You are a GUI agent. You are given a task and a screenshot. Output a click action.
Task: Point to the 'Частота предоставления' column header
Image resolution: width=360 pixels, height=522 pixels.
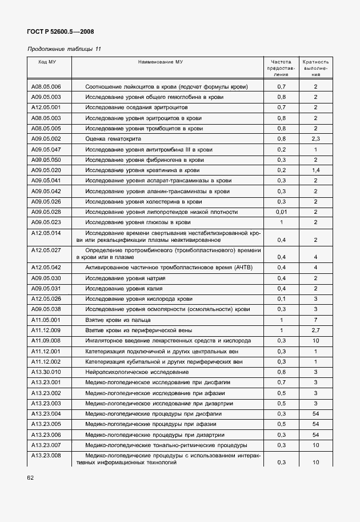click(281, 67)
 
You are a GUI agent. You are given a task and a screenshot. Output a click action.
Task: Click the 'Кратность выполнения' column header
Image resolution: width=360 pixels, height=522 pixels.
click(315, 67)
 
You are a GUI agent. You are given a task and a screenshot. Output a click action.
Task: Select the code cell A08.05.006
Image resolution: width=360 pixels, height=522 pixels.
click(46, 87)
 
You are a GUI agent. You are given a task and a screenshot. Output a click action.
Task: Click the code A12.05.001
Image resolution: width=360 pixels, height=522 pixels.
click(46, 107)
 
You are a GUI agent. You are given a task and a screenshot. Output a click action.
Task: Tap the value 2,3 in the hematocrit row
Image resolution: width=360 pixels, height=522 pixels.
click(315, 139)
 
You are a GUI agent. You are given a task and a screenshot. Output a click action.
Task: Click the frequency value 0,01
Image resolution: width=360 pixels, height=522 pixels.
click(281, 212)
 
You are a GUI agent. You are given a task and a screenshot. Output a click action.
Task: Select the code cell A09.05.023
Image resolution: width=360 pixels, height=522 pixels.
click(46, 222)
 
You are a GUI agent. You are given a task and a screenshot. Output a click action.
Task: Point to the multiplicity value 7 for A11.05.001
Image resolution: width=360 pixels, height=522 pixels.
click(315, 320)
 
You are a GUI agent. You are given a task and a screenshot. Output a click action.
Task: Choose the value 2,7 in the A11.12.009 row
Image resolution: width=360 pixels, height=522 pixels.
click(315, 330)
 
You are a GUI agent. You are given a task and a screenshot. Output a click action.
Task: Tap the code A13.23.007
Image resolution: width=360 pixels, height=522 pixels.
click(46, 445)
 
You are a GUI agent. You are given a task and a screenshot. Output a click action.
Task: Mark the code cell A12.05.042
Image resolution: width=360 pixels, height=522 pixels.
click(46, 268)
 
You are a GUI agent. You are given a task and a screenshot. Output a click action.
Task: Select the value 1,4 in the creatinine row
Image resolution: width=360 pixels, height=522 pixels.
click(315, 170)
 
